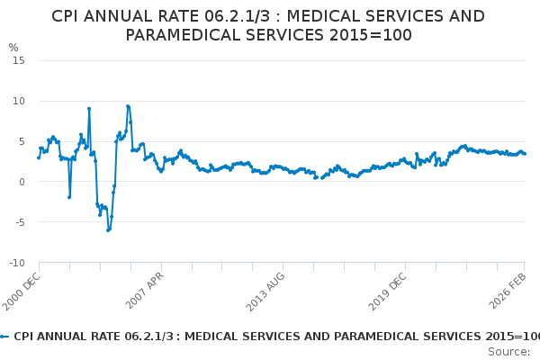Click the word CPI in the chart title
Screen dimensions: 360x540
pyautogui.click(x=68, y=16)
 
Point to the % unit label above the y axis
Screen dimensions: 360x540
pyautogui.click(x=13, y=48)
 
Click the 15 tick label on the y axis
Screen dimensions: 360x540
pyautogui.click(x=17, y=60)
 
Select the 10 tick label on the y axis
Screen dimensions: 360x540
pyautogui.click(x=17, y=101)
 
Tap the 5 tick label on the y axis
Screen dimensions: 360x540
pyautogui.click(x=20, y=141)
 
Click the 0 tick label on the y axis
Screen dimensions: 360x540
pyautogui.click(x=20, y=182)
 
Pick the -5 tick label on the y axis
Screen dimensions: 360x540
pyautogui.click(x=18, y=222)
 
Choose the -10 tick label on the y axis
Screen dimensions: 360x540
pyautogui.click(x=15, y=263)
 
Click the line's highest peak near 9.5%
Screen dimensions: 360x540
pyautogui.click(x=128, y=106)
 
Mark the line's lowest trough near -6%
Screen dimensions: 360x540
pyautogui.click(x=108, y=230)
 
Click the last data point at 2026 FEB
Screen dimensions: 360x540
pyautogui.click(x=525, y=154)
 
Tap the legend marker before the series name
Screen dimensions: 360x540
pyautogui.click(x=4, y=336)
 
